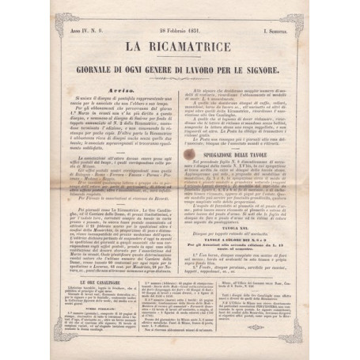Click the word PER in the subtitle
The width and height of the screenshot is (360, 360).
coord(251,70)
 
